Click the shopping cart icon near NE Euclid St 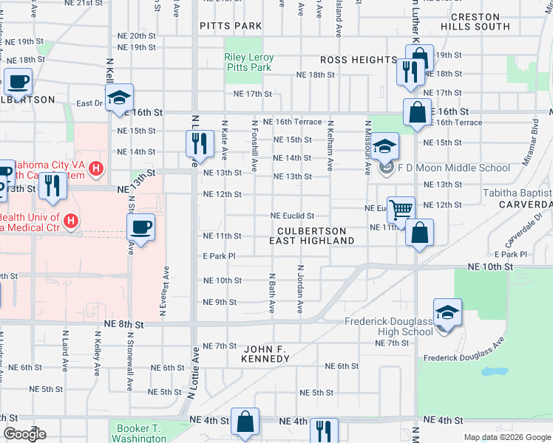pos(400,209)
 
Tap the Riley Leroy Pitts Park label pos(249,63)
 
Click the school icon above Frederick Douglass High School pos(447,313)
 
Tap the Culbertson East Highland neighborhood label pos(311,236)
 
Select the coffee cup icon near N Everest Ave pos(140,228)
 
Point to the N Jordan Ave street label pos(301,290)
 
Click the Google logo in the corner pos(24,433)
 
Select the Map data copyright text pos(506,437)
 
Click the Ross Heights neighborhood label pos(359,60)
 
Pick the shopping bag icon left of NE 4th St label pos(244,422)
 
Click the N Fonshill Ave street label pos(254,146)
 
